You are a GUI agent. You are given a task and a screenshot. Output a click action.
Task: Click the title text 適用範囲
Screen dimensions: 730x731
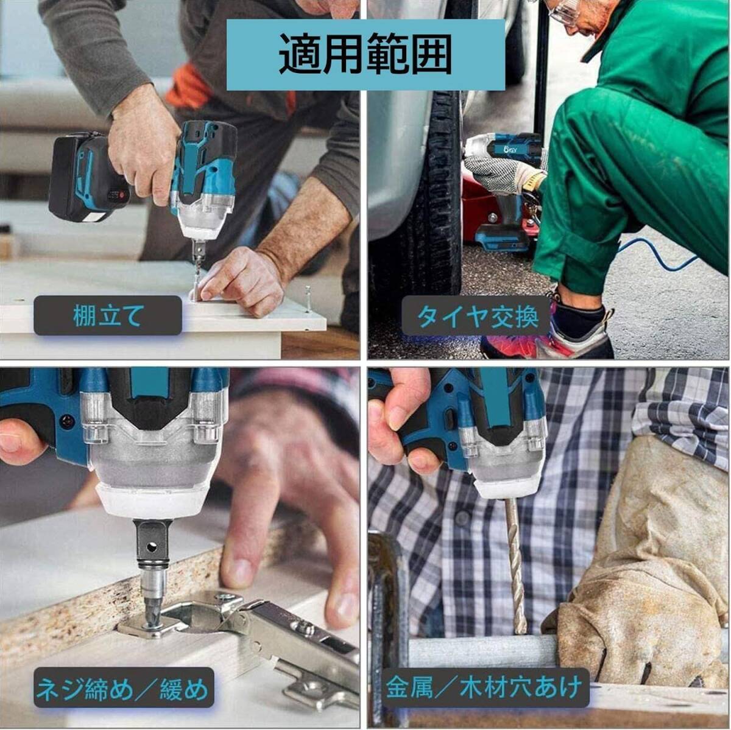365,55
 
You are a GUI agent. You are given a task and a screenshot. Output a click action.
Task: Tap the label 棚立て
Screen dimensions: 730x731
108,315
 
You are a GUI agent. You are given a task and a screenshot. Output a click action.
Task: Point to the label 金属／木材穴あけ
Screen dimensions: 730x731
484,689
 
